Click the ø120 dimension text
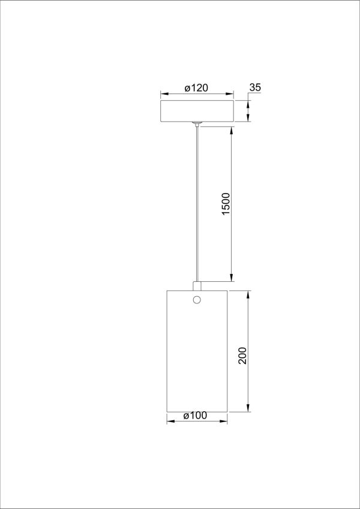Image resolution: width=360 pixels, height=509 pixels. (x=196, y=88)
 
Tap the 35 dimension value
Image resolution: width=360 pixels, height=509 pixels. (x=254, y=88)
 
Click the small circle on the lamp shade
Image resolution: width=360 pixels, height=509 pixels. (x=197, y=300)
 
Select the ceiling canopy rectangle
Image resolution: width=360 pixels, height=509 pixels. (x=196, y=112)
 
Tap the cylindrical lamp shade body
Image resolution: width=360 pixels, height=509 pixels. (x=197, y=360)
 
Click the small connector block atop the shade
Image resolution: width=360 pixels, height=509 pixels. (x=197, y=285)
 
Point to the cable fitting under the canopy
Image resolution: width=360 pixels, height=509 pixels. (x=197, y=124)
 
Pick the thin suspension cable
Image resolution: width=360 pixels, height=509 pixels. (x=197, y=204)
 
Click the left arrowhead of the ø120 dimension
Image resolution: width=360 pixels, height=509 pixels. (x=163, y=94)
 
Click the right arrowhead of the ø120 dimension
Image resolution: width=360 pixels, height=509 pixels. (x=230, y=94)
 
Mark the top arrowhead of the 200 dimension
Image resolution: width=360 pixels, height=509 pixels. (x=248, y=294)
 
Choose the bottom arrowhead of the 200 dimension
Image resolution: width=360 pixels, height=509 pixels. (x=248, y=409)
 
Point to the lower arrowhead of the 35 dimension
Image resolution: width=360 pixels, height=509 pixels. (x=248, y=119)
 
